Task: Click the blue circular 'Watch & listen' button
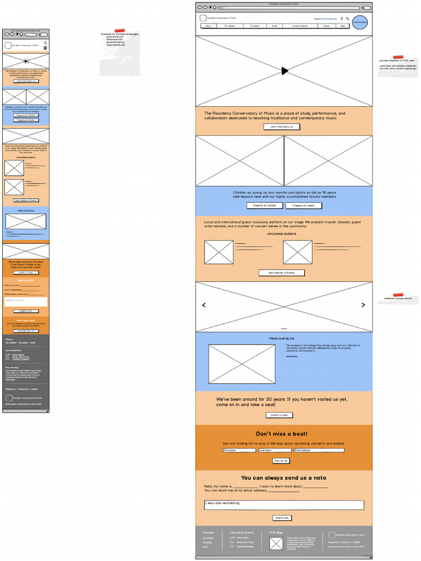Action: click(x=360, y=23)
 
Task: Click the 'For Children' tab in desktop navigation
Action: click(x=230, y=26)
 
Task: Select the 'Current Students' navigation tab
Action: click(x=299, y=26)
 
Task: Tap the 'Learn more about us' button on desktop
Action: click(x=282, y=127)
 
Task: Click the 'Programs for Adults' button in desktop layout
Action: click(x=304, y=205)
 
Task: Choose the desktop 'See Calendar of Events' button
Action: click(x=281, y=272)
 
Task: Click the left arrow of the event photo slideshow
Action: click(x=204, y=305)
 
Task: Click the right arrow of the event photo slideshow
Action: click(x=363, y=305)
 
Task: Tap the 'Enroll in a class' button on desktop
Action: click(x=279, y=415)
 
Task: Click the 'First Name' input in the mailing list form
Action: click(x=239, y=450)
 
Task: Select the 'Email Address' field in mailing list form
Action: click(x=319, y=450)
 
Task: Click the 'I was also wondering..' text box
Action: click(x=283, y=505)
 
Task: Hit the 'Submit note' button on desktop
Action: click(x=282, y=518)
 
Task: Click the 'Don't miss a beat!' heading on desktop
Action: click(x=282, y=434)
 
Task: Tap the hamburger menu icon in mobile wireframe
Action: click(x=45, y=48)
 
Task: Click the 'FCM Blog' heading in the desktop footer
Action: click(x=276, y=533)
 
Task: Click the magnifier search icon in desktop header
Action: click(x=348, y=19)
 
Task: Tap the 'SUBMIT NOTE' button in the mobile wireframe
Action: click(x=26, y=311)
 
